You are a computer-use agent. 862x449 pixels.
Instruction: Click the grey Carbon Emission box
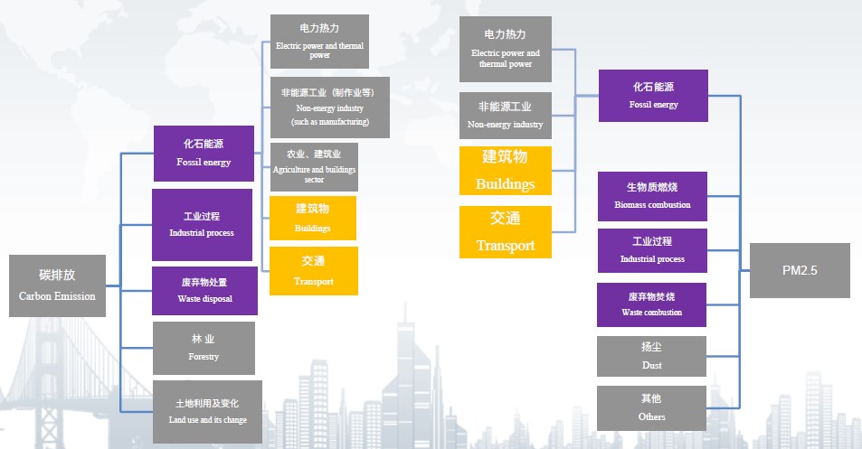point(57,285)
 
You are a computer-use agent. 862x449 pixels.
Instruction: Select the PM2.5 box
point(800,271)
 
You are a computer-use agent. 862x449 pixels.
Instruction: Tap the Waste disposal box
point(204,291)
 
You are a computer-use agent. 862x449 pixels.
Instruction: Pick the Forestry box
point(204,348)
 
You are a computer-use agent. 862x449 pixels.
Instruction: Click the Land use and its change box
point(207,412)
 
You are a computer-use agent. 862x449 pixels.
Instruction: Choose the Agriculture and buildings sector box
point(314,167)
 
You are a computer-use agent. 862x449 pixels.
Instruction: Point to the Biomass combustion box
point(652,197)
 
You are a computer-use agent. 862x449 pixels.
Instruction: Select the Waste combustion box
point(651,304)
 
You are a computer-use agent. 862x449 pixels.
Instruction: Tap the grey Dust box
point(651,356)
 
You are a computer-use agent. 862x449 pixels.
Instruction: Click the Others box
point(651,408)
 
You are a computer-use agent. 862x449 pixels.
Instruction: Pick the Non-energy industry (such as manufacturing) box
point(330,107)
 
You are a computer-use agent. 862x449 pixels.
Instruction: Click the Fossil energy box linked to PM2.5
point(653,96)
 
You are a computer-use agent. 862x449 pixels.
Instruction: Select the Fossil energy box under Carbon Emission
point(204,154)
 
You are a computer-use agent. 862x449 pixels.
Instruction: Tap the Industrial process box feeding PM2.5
point(652,250)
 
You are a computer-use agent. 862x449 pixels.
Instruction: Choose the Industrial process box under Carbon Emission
point(202,225)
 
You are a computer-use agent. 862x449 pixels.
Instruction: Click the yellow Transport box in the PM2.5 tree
point(506,231)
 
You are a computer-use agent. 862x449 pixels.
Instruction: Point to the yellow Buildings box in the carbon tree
point(313,218)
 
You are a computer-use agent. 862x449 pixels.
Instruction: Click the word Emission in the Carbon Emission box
point(75,296)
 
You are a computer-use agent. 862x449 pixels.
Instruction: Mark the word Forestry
point(204,357)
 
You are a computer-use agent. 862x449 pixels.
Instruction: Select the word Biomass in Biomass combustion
point(630,205)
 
